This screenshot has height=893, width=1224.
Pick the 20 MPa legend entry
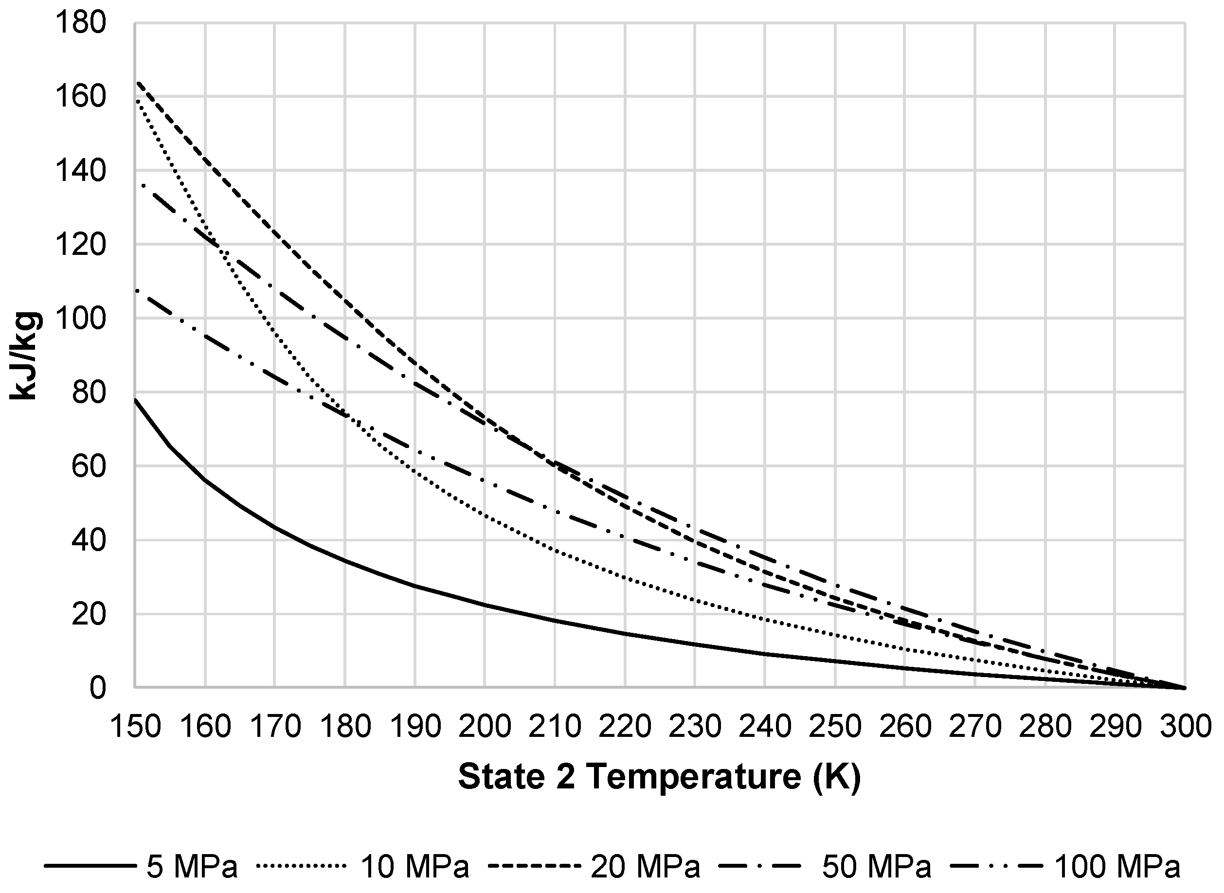594,866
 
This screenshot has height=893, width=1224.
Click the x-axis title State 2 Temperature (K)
659,777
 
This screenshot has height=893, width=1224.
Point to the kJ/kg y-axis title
24,356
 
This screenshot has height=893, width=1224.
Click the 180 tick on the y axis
81,24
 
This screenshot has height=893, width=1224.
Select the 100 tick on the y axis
81,319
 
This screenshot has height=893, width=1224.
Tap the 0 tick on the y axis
97,688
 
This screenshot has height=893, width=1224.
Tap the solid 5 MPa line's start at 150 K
135,399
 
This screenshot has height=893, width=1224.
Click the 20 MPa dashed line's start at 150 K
138,82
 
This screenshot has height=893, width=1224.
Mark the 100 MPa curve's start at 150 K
137,290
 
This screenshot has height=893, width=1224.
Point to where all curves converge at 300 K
1185,688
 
